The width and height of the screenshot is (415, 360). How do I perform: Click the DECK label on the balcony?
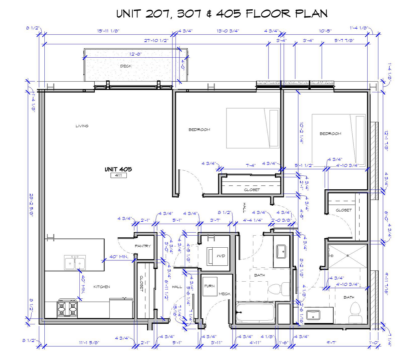[x=126, y=66]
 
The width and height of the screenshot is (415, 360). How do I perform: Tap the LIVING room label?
[x=82, y=126]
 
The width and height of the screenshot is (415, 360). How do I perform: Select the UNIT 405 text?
[x=118, y=169]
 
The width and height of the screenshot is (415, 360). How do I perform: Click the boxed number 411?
[x=118, y=175]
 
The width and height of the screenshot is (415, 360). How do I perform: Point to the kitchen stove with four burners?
[x=68, y=308]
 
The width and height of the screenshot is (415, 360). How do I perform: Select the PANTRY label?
[x=143, y=246]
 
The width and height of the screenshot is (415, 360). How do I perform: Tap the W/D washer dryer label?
[x=221, y=256]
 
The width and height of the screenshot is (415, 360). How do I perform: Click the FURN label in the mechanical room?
[x=210, y=286]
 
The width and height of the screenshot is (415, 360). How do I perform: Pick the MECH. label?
[x=225, y=294]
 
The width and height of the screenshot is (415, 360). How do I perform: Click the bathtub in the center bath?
[x=256, y=313]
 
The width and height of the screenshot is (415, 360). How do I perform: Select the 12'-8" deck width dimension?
[x=135, y=54]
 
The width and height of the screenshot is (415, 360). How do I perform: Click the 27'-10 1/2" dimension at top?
[x=156, y=40]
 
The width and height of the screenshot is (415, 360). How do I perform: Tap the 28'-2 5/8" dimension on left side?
[x=31, y=205]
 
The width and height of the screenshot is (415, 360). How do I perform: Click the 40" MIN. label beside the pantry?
[x=119, y=257]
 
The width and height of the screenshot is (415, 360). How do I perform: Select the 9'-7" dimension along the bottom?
[x=332, y=342]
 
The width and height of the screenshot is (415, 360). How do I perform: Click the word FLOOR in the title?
[x=268, y=14]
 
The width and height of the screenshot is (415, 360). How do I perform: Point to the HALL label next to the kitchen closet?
[x=177, y=287]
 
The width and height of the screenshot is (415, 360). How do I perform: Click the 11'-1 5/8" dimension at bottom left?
[x=89, y=342]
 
